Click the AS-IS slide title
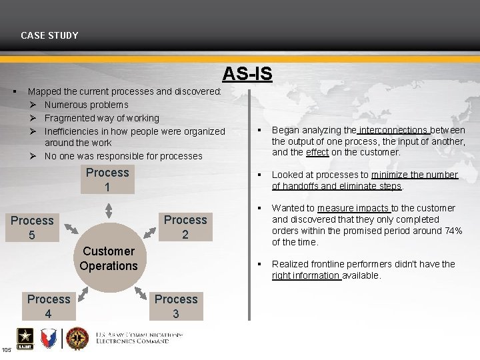click(x=247, y=73)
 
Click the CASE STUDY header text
click(x=49, y=35)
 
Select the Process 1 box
click(x=107, y=180)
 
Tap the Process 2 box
click(x=185, y=227)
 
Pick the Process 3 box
click(x=176, y=306)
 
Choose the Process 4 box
click(x=49, y=306)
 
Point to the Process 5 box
click(x=32, y=227)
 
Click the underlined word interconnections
click(x=393, y=130)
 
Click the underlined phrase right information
click(x=306, y=275)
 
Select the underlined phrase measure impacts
click(x=353, y=208)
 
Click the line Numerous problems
click(x=86, y=105)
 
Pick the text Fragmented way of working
click(x=101, y=118)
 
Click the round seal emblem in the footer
click(x=77, y=338)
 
